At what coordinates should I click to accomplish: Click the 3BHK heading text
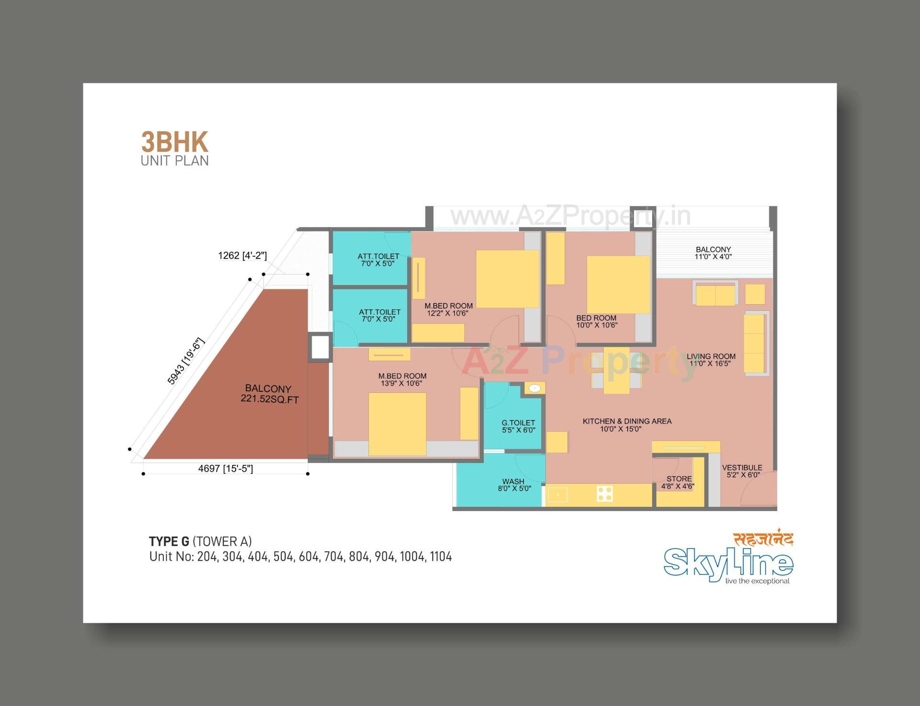pos(174,142)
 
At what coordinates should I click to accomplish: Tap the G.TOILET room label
pos(518,426)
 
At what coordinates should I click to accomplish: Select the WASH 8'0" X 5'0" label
pos(514,485)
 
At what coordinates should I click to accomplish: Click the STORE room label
pos(678,482)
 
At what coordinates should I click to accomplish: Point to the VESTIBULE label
pos(742,471)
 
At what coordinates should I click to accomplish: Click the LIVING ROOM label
pos(711,360)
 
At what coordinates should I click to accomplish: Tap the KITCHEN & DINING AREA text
pos(627,425)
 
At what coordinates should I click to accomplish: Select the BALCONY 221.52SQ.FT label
pos(268,394)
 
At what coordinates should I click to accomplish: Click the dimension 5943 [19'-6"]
pos(186,361)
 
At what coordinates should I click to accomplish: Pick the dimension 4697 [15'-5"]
pos(225,468)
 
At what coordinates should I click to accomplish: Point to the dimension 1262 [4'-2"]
pos(242,255)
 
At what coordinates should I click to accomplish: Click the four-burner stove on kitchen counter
pos(605,494)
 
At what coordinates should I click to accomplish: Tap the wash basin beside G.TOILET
pos(535,388)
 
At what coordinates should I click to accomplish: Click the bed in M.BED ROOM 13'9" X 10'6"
pos(397,424)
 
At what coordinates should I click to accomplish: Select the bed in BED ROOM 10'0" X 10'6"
pos(618,285)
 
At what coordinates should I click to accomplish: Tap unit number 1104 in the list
pos(440,557)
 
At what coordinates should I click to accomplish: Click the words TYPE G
pos(169,541)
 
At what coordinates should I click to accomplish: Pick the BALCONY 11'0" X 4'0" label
pos(713,253)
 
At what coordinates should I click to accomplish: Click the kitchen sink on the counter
pos(557,494)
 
